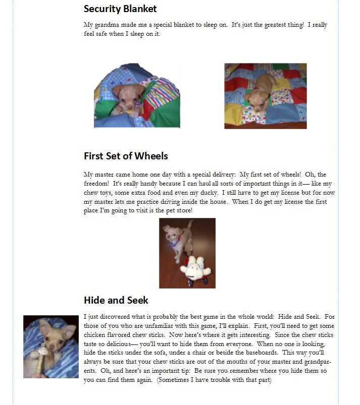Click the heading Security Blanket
pos(120,9)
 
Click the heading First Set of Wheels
pos(126,156)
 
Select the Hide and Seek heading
pos(116,300)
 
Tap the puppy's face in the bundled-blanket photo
pos(128,93)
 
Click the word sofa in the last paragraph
pos(149,353)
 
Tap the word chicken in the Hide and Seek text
pos(96,334)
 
